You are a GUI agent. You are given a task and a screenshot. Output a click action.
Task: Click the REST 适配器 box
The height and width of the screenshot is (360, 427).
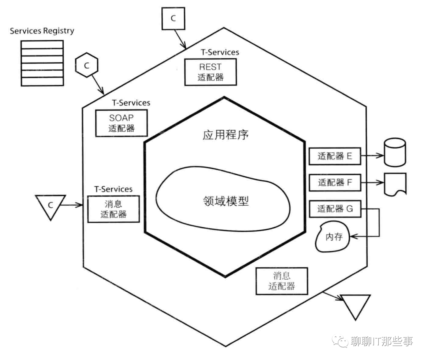tap(210, 72)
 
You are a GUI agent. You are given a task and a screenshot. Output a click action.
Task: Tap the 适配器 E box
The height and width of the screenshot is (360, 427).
tap(334, 156)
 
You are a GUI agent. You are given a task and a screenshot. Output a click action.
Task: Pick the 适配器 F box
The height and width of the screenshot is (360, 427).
tap(334, 183)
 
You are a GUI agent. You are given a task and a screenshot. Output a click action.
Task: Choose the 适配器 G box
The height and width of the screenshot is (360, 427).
tap(334, 209)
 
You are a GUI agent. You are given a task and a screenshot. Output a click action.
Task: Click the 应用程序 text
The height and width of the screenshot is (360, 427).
tap(225, 135)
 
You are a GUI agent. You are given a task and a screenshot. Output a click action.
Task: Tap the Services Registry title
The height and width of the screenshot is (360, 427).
tap(42, 30)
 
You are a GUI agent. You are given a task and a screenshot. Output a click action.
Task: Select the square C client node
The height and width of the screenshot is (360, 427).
tap(173, 18)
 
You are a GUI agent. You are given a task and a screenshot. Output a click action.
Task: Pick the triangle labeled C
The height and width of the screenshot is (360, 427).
tap(50, 206)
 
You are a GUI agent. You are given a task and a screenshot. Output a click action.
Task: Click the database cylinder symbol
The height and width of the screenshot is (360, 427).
tap(394, 153)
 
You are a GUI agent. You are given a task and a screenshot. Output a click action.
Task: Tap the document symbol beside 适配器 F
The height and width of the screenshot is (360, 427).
tap(395, 184)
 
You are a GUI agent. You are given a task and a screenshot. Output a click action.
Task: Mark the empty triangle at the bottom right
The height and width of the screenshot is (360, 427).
tap(356, 305)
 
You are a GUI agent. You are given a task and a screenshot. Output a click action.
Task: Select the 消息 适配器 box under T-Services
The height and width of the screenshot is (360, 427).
tap(113, 209)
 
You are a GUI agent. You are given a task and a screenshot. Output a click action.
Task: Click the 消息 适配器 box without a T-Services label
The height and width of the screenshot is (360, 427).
tap(282, 280)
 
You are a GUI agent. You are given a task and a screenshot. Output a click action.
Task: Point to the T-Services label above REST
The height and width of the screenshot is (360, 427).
tap(220, 52)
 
